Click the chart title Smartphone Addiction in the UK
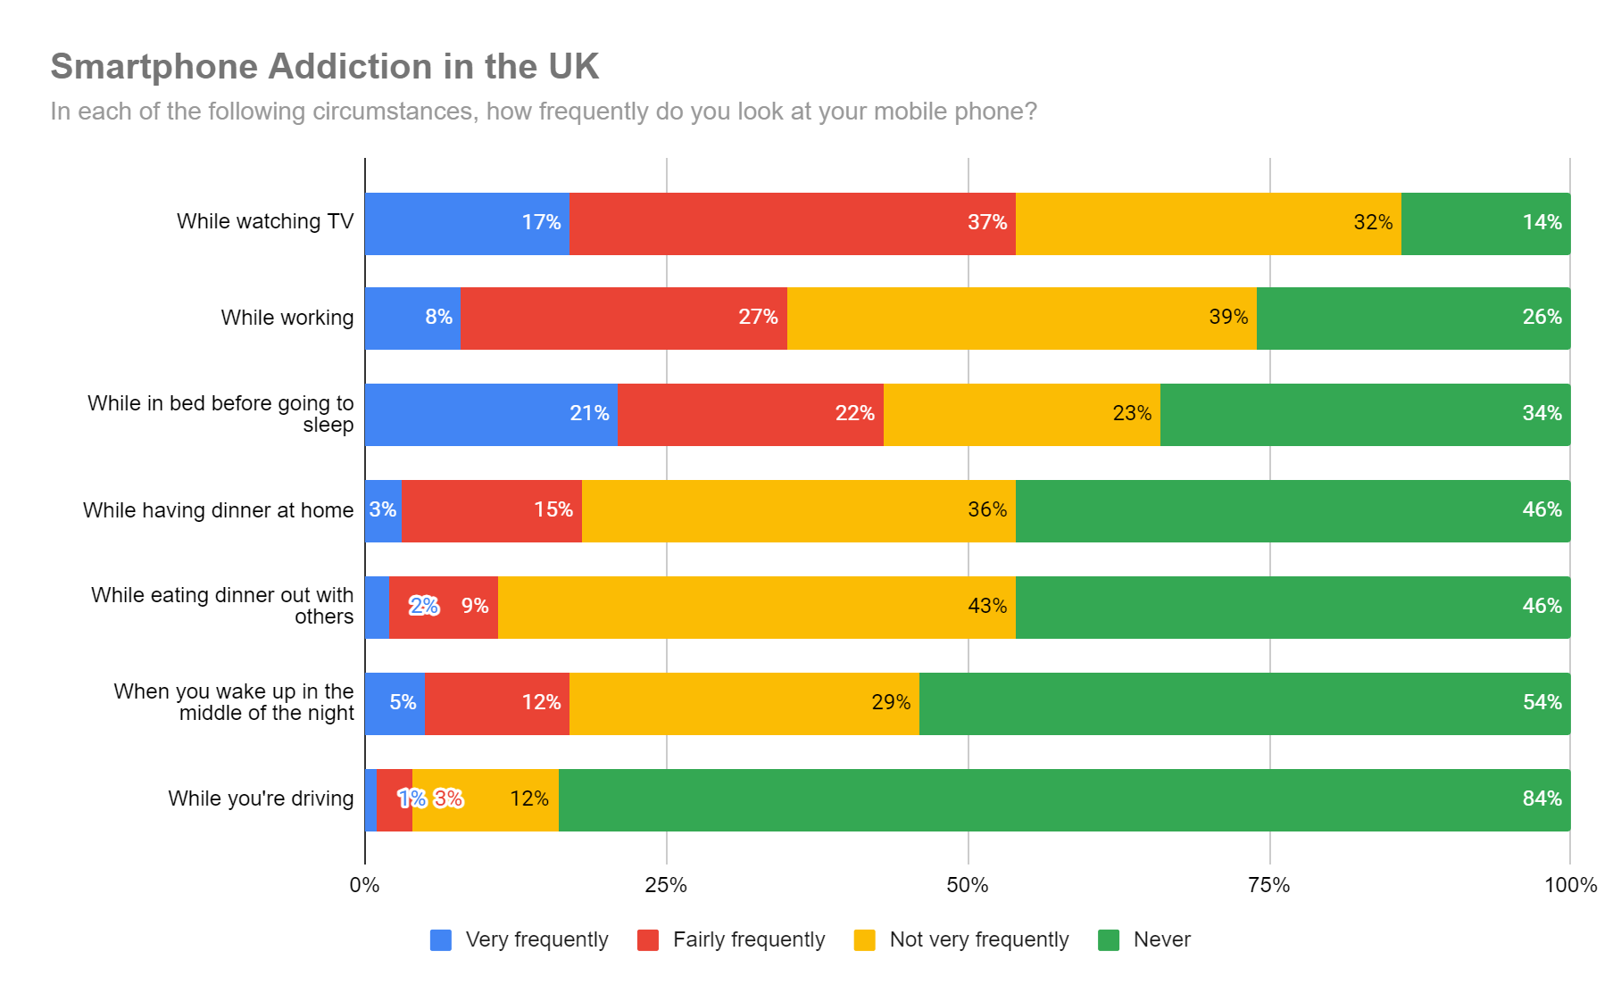click(x=324, y=67)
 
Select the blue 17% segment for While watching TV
click(x=467, y=223)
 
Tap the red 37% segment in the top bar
click(x=792, y=223)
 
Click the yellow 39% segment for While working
click(x=1021, y=318)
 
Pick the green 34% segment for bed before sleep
click(x=1365, y=415)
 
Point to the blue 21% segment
click(x=491, y=415)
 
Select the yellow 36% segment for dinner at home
click(x=798, y=510)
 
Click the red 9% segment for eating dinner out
click(x=444, y=608)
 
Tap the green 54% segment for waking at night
click(x=1244, y=703)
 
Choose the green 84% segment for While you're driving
click(x=1064, y=799)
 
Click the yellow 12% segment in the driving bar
click(x=486, y=799)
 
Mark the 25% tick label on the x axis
click(x=666, y=885)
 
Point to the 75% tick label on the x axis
click(x=1268, y=885)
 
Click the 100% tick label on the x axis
click(x=1570, y=885)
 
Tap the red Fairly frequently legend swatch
click(x=648, y=940)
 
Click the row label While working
click(x=287, y=318)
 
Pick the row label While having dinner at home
click(x=218, y=510)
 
